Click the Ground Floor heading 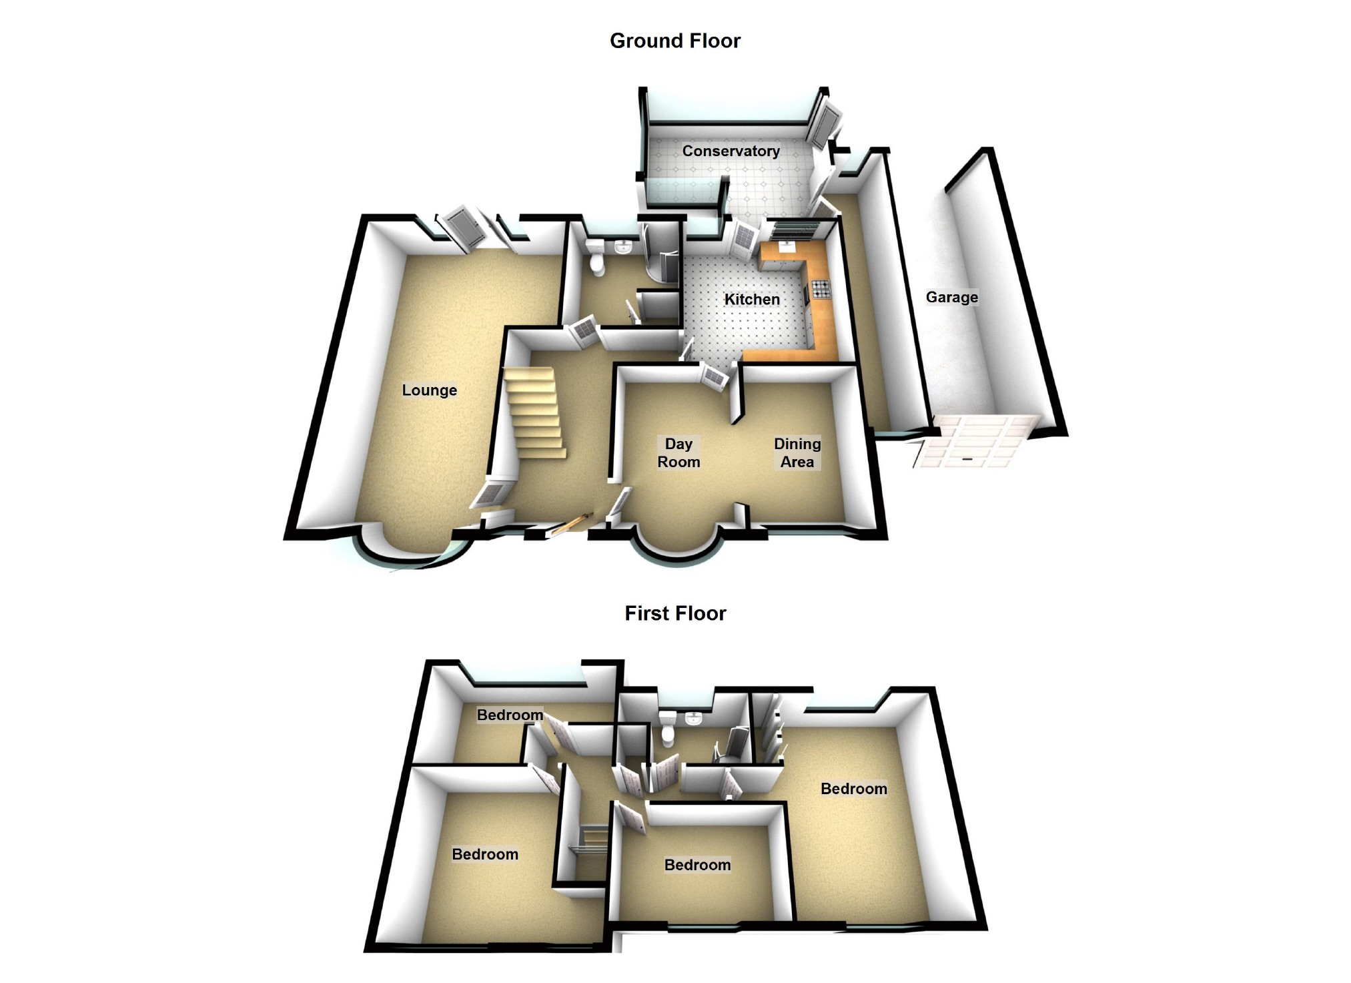[674, 41]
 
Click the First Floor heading [674, 613]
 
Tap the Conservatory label [731, 151]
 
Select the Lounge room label [429, 390]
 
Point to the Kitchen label [752, 300]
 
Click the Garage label [951, 298]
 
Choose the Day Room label [679, 453]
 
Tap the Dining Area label [797, 453]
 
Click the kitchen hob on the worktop [821, 289]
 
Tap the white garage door [974, 440]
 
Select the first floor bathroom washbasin [694, 719]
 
